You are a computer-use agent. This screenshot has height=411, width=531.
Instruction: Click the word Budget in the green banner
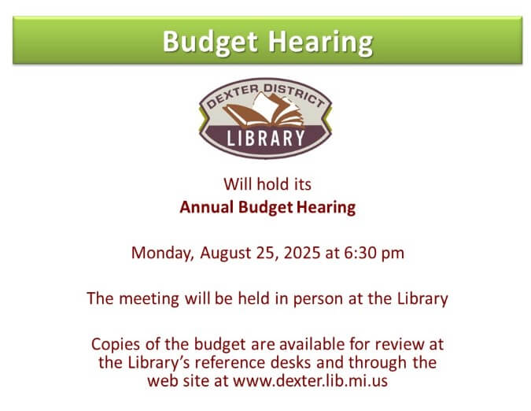(x=210, y=43)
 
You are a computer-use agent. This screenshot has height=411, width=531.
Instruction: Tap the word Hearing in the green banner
(x=320, y=43)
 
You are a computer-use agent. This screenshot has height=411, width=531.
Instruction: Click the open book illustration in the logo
(x=263, y=109)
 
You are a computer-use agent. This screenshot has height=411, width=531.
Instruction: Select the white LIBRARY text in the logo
(x=266, y=138)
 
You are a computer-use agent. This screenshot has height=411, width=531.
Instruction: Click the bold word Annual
(x=207, y=207)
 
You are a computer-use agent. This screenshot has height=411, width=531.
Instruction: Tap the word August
(x=226, y=254)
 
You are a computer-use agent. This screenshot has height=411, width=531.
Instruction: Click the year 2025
(x=302, y=253)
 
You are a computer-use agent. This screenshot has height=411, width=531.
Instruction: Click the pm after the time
(x=393, y=254)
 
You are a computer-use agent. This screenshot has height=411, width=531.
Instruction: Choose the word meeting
(x=149, y=299)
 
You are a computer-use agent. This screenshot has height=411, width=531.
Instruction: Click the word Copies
(x=116, y=345)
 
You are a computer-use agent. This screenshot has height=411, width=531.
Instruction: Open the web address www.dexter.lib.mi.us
(x=310, y=380)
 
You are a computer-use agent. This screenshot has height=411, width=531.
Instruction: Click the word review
(x=396, y=344)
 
